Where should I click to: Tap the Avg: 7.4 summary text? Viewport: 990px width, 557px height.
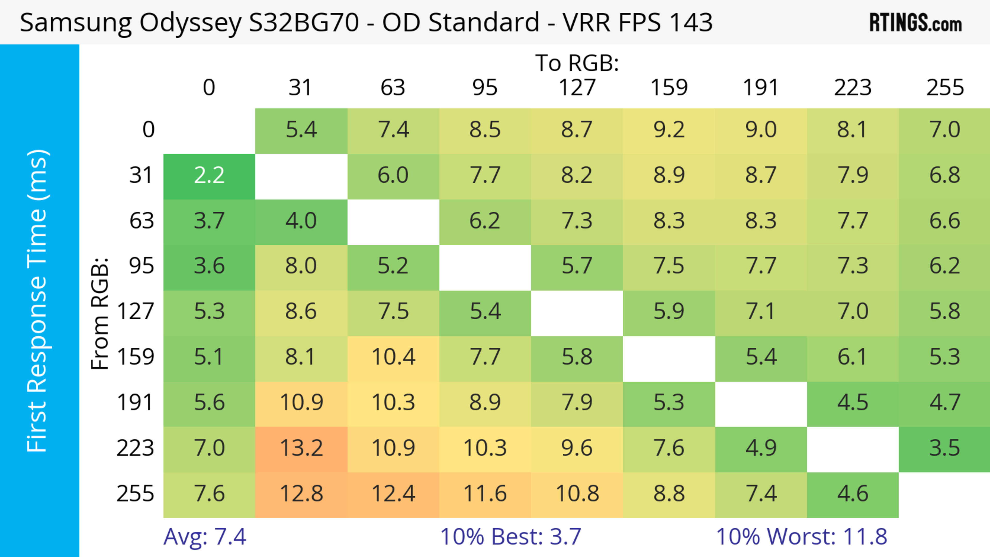click(x=204, y=537)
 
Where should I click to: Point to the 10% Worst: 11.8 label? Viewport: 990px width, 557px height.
click(x=801, y=537)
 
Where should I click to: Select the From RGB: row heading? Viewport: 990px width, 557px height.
click(x=100, y=313)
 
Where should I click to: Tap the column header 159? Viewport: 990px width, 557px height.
click(x=669, y=88)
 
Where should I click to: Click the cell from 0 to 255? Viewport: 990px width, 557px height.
click(x=944, y=130)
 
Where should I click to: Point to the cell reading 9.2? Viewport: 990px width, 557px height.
click(x=669, y=130)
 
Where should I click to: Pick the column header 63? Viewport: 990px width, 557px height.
click(x=393, y=88)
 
